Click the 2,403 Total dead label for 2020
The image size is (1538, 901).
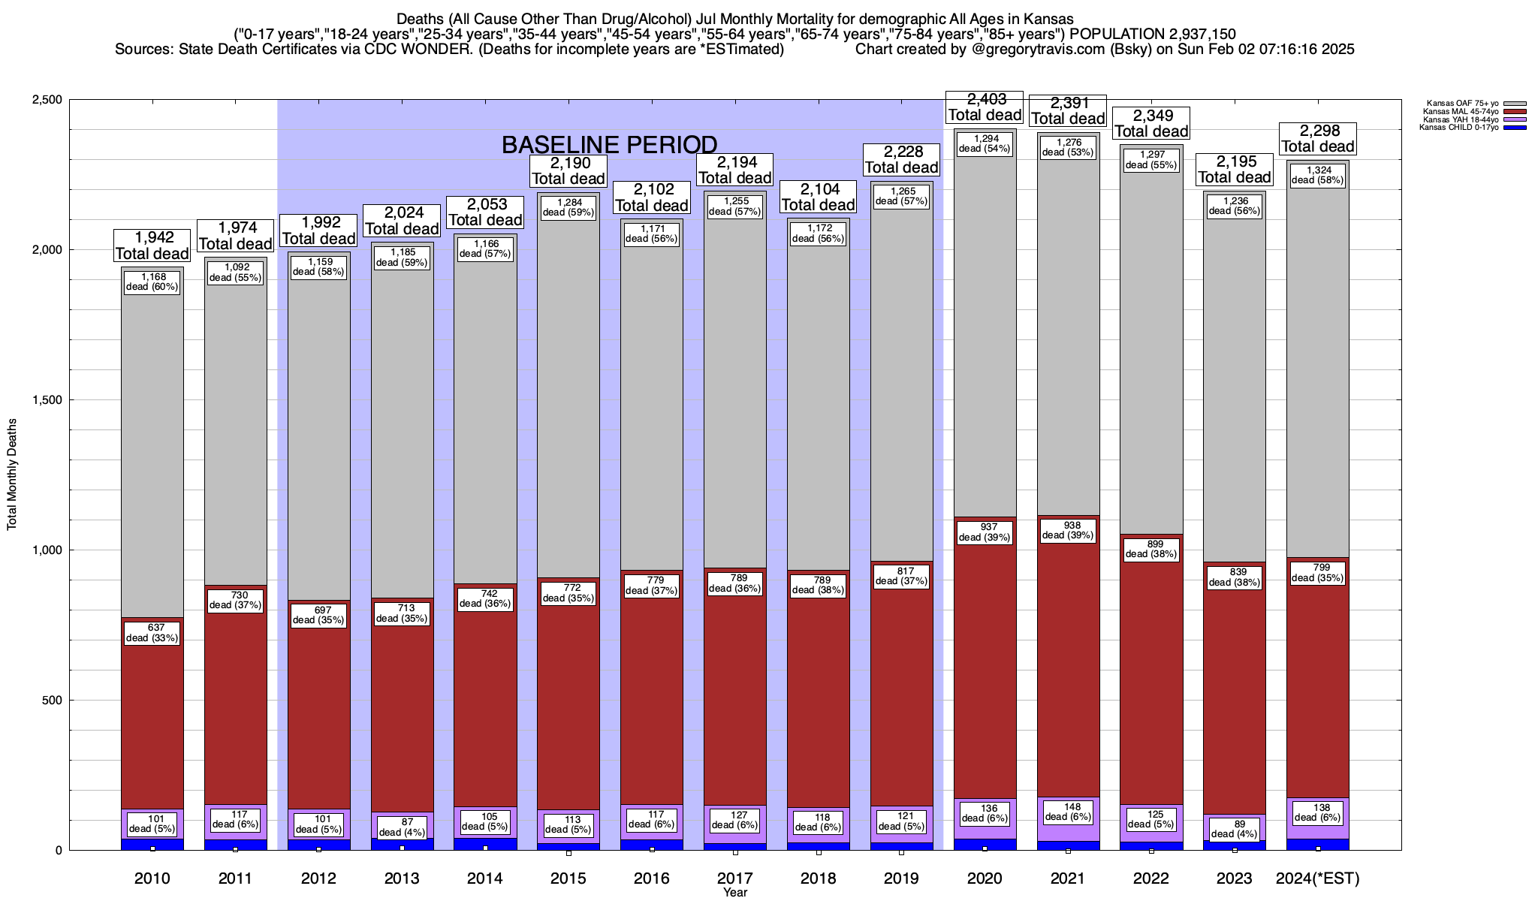(x=985, y=107)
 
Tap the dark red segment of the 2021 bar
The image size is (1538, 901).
(x=1068, y=676)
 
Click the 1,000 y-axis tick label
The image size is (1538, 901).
(x=50, y=550)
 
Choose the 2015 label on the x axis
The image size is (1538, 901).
(x=568, y=878)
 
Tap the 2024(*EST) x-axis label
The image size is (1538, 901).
(x=1318, y=878)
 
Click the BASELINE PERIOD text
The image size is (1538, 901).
(x=609, y=144)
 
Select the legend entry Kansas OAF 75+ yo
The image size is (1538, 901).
(x=1464, y=104)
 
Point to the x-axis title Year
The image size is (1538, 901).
(x=735, y=893)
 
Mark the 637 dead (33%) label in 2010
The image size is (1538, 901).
(x=152, y=633)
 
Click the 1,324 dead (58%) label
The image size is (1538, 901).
(x=1318, y=175)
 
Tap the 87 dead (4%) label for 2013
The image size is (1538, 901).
(x=402, y=827)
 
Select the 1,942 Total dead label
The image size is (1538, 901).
(x=152, y=245)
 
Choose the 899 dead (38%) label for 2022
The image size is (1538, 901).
(x=1151, y=549)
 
